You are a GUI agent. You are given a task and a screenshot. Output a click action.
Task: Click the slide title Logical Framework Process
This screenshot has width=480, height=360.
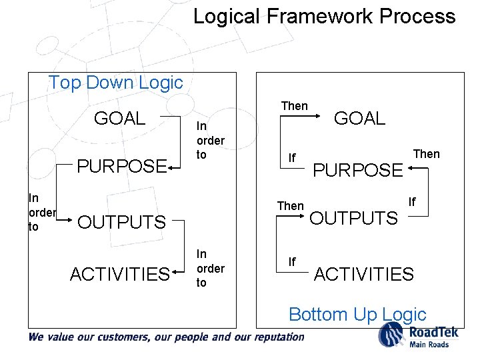[x=324, y=16]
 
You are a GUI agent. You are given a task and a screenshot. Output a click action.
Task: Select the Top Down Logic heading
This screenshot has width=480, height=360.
[x=115, y=83]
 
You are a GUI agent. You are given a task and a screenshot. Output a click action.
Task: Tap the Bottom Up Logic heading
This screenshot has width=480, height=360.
[x=357, y=314]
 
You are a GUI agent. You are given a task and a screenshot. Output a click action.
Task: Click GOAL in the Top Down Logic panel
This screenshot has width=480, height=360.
[x=119, y=119]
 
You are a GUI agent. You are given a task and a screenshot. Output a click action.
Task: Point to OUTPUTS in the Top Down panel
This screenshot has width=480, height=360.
[x=121, y=222]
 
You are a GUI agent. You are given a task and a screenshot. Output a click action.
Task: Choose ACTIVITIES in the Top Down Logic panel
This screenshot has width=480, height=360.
[x=119, y=274]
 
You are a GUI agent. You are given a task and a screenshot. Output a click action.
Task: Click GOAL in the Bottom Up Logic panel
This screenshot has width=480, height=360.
[x=359, y=119]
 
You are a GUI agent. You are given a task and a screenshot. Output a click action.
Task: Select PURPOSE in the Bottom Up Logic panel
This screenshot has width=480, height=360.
[x=358, y=170]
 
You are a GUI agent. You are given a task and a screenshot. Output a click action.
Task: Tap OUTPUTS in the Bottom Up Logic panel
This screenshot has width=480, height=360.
[x=354, y=218]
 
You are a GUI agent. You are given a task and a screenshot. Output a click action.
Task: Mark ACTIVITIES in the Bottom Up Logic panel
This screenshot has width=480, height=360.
[x=363, y=274]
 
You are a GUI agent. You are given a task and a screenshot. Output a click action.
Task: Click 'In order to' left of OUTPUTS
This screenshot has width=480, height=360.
[x=41, y=213]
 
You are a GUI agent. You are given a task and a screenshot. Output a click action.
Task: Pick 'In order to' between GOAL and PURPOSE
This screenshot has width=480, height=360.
[x=210, y=141]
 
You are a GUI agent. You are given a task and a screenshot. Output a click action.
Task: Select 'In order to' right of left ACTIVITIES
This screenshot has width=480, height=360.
[x=210, y=268]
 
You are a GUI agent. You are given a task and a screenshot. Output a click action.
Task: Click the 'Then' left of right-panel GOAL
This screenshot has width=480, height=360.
[x=294, y=106]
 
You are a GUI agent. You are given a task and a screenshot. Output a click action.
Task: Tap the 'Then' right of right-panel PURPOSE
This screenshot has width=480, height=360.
[x=426, y=154]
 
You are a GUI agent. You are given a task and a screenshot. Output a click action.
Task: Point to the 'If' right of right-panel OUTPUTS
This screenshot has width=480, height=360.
[x=412, y=201]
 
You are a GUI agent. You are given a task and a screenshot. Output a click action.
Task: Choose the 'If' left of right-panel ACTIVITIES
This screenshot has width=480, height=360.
[x=292, y=262]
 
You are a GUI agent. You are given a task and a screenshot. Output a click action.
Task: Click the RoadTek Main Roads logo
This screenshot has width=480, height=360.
[x=413, y=335]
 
